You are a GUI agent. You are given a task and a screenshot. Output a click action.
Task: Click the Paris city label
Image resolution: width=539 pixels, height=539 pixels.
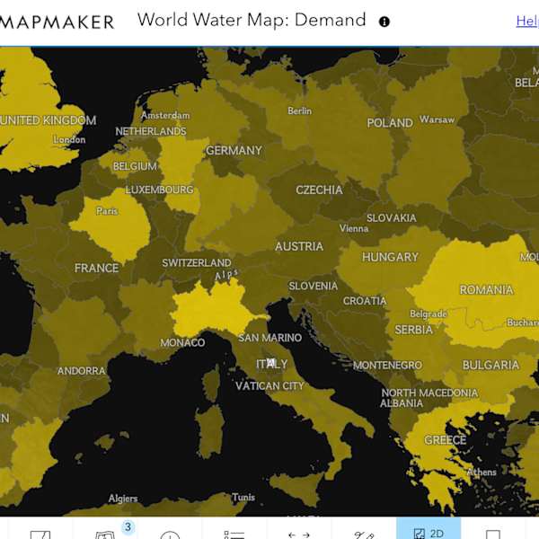click(x=107, y=211)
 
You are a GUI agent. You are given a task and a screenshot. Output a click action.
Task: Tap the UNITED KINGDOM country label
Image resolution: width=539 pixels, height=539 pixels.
click(x=47, y=120)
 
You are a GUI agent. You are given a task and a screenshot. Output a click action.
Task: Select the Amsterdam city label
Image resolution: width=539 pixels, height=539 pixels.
click(x=165, y=115)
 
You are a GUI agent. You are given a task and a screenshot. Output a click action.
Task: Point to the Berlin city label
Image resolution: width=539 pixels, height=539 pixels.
click(x=299, y=111)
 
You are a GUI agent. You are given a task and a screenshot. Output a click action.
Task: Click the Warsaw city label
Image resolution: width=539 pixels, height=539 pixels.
click(x=437, y=119)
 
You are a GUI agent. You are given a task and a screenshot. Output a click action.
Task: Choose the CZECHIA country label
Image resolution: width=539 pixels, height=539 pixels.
click(x=319, y=190)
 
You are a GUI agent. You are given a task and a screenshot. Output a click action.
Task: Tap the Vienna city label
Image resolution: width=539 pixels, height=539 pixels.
click(x=354, y=228)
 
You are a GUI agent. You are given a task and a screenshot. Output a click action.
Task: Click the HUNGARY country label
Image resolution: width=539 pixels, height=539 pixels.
click(x=390, y=257)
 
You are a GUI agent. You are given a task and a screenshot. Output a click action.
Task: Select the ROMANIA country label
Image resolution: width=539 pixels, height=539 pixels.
click(x=486, y=290)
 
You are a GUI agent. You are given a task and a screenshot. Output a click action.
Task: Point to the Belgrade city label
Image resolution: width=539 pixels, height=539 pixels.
click(x=428, y=314)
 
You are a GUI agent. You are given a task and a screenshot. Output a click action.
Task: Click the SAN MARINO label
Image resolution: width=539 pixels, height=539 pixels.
click(x=269, y=339)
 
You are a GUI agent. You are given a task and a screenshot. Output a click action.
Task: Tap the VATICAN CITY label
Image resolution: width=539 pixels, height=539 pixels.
click(x=269, y=386)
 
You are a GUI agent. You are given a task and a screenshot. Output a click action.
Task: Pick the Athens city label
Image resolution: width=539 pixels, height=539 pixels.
click(x=482, y=473)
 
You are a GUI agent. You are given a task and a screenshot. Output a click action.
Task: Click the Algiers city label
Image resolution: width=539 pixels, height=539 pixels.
click(x=123, y=499)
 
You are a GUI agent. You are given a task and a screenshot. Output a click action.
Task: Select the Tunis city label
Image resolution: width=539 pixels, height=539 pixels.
click(x=243, y=498)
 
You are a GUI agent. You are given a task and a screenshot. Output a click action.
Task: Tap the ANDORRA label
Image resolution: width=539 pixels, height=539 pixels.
click(x=81, y=371)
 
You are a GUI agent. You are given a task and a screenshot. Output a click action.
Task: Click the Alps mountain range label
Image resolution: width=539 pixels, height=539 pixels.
click(x=226, y=274)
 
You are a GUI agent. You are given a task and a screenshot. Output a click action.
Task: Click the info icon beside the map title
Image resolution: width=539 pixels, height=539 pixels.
click(x=384, y=22)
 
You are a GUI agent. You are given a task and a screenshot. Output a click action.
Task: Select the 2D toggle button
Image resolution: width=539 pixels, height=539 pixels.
click(x=429, y=533)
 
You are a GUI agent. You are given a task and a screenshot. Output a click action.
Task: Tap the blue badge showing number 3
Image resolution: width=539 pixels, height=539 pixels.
click(x=128, y=527)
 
